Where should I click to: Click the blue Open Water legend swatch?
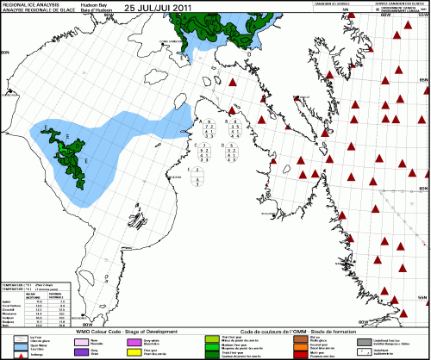pos(10,346)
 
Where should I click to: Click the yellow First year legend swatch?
pos(134,351)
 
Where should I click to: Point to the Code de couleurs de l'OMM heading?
pos(284,330)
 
